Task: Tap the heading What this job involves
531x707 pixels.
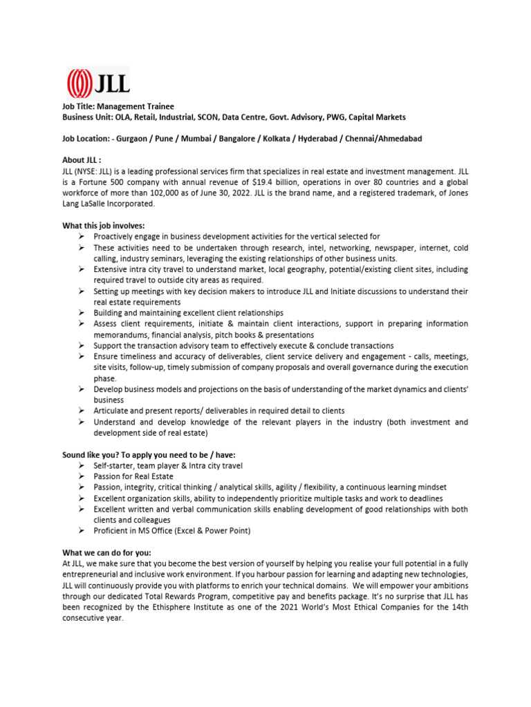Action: (104, 226)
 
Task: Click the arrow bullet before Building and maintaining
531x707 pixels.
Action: (81, 313)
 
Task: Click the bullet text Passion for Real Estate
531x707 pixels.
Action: (133, 476)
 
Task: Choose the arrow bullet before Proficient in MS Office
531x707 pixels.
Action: (81, 530)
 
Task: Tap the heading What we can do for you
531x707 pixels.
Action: (106, 552)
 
